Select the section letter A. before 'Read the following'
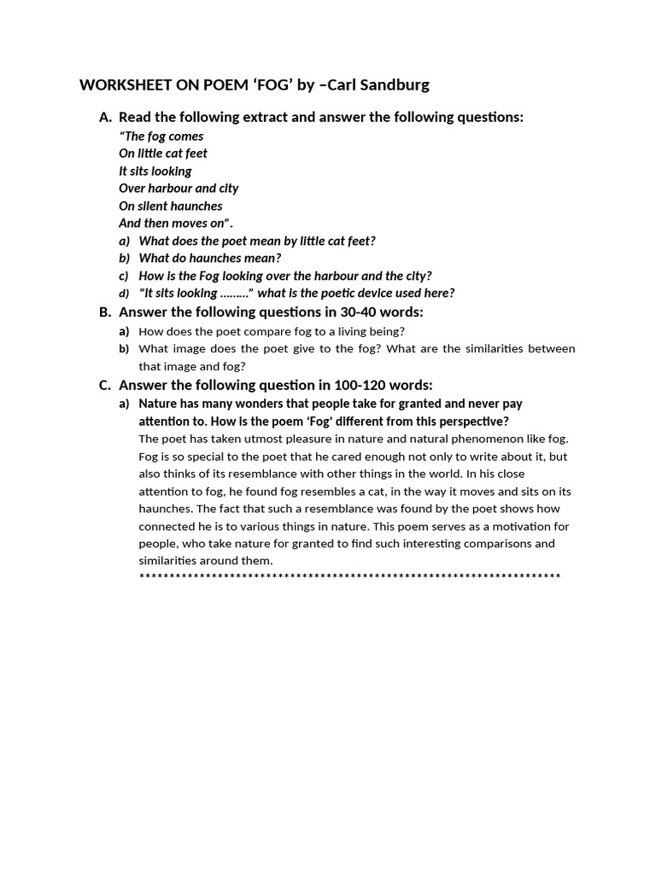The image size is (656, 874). (x=106, y=117)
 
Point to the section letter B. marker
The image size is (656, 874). (x=106, y=312)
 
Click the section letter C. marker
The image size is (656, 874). (x=106, y=384)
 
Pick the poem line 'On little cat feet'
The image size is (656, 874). (x=162, y=154)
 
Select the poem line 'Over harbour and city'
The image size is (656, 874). (x=179, y=189)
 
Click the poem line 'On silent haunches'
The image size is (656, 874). (x=170, y=206)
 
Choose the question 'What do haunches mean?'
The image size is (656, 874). (x=209, y=259)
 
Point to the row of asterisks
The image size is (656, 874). (x=349, y=577)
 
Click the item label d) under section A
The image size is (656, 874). (x=124, y=294)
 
